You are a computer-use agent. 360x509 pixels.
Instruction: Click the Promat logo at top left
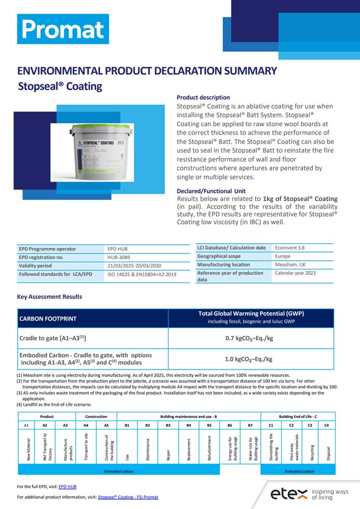pos(63,29)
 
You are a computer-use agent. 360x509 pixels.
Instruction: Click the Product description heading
pos(203,97)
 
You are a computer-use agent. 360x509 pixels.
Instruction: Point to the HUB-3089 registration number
pos(118,258)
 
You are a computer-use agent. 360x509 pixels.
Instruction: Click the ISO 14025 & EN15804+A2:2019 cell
pos(142,274)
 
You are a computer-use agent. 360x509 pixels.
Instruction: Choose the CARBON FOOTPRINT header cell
pos(48,319)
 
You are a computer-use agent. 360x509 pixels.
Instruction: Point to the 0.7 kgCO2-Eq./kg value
pos(251,338)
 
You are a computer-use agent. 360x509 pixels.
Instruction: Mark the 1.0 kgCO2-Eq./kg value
pos(251,359)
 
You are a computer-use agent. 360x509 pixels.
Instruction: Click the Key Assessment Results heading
pos(49,297)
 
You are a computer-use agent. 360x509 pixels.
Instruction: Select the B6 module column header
pos(230,424)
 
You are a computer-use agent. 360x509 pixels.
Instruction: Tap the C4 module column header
pos(326,424)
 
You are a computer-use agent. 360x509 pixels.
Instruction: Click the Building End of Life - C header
pos(297,416)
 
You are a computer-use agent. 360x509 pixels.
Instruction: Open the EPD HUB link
pos(67,487)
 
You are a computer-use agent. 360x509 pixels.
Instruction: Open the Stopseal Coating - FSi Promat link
pos(128,497)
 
